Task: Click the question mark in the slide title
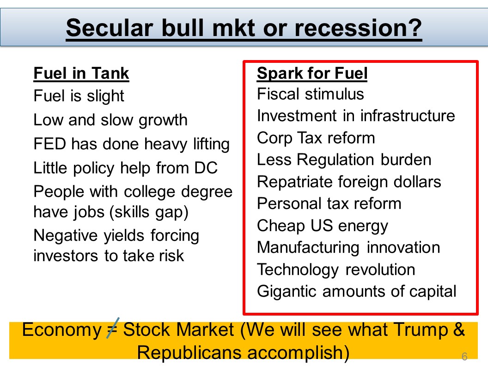pyautogui.click(x=414, y=28)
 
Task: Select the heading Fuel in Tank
pyautogui.click(x=81, y=73)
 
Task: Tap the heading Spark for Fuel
pyautogui.click(x=312, y=73)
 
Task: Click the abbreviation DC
pyautogui.click(x=206, y=168)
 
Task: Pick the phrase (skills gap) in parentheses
pyautogui.click(x=149, y=213)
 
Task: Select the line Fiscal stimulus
pyautogui.click(x=310, y=94)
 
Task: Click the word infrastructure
pyautogui.click(x=408, y=116)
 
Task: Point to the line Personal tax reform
pyautogui.click(x=329, y=204)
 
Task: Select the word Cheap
pyautogui.click(x=281, y=226)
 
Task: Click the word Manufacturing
pyautogui.click(x=308, y=248)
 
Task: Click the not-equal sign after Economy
pyautogui.click(x=112, y=328)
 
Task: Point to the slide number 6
pyautogui.click(x=464, y=356)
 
